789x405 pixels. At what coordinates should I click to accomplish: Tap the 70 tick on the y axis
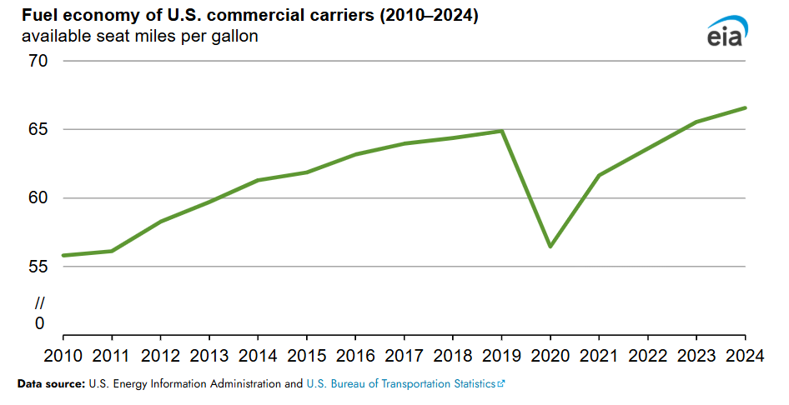click(39, 61)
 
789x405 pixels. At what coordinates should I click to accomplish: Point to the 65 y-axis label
click(39, 129)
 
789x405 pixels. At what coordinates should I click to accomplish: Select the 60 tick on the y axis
click(39, 198)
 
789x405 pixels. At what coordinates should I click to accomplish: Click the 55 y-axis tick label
click(39, 267)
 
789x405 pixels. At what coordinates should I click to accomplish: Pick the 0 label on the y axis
click(39, 323)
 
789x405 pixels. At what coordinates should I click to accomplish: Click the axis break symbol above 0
click(39, 303)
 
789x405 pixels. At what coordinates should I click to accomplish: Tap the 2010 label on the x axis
click(64, 357)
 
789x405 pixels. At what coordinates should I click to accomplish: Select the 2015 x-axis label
click(307, 357)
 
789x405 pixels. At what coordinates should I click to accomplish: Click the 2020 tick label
click(550, 357)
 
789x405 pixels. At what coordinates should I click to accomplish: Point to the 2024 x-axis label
click(744, 357)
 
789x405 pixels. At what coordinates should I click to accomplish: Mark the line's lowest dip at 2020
click(550, 247)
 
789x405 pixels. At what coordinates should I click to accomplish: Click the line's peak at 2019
click(502, 131)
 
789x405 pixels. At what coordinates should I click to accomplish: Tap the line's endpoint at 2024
click(745, 107)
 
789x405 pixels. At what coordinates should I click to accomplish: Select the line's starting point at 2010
click(64, 255)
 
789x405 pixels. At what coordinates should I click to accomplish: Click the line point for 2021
click(599, 175)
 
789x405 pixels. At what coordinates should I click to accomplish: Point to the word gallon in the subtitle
click(233, 37)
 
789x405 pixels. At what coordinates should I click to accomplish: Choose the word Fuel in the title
click(38, 17)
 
